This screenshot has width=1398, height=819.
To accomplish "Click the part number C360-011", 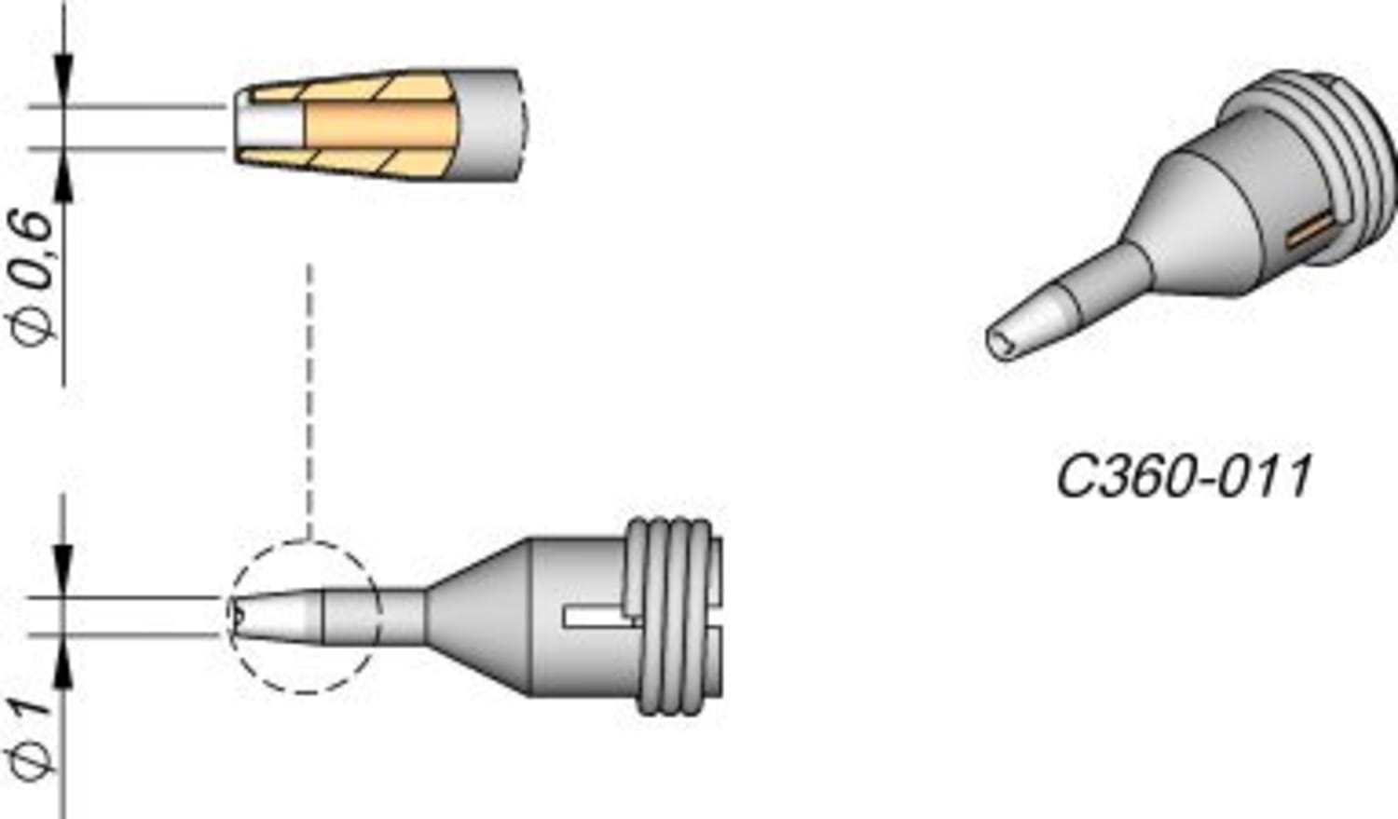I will tap(1184, 476).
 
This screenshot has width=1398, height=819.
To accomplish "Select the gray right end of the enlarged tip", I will tap(489, 125).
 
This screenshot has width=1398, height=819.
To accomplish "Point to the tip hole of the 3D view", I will tap(1001, 342).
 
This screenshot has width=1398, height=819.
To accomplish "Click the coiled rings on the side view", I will tap(671, 615).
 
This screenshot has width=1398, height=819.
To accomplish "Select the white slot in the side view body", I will tap(596, 615).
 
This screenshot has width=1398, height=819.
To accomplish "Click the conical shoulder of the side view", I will tap(480, 615).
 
